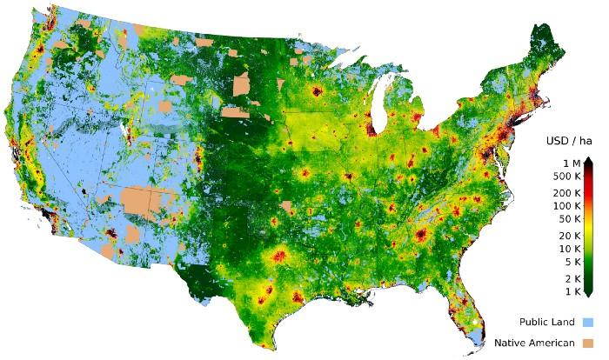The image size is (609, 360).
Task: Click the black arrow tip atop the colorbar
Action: click(589, 160)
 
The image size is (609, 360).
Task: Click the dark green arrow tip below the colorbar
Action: click(589, 295)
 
